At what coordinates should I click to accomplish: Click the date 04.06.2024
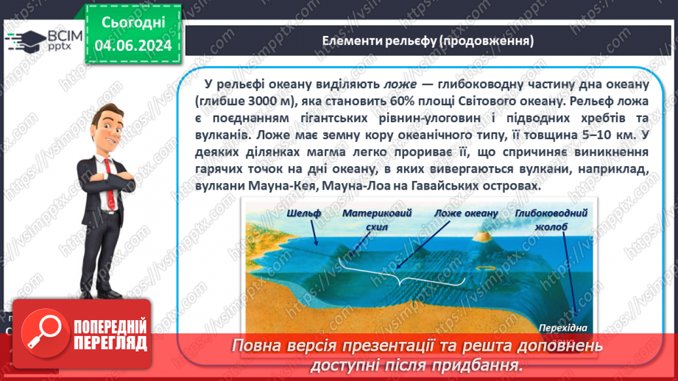[133, 46]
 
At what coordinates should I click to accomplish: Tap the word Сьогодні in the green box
[133, 23]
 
